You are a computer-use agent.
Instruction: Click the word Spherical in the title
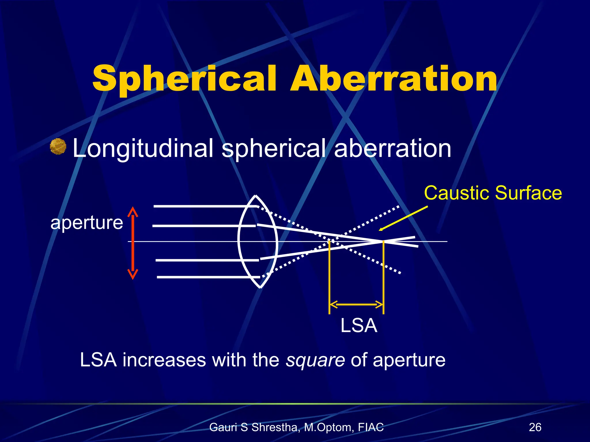click(x=184, y=78)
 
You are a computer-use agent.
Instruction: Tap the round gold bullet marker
click(x=58, y=146)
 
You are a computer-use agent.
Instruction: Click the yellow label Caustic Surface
click(x=493, y=193)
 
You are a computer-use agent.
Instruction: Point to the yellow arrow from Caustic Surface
click(x=403, y=218)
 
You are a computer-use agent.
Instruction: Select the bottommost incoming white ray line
click(x=207, y=277)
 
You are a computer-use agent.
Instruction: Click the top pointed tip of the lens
click(x=256, y=196)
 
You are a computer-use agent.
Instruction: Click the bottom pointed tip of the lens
click(x=260, y=287)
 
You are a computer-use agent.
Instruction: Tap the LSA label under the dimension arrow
click(x=359, y=325)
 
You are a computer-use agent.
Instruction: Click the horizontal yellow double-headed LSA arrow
click(x=356, y=304)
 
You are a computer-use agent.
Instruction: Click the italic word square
click(x=315, y=360)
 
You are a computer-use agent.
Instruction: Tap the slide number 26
click(x=535, y=427)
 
